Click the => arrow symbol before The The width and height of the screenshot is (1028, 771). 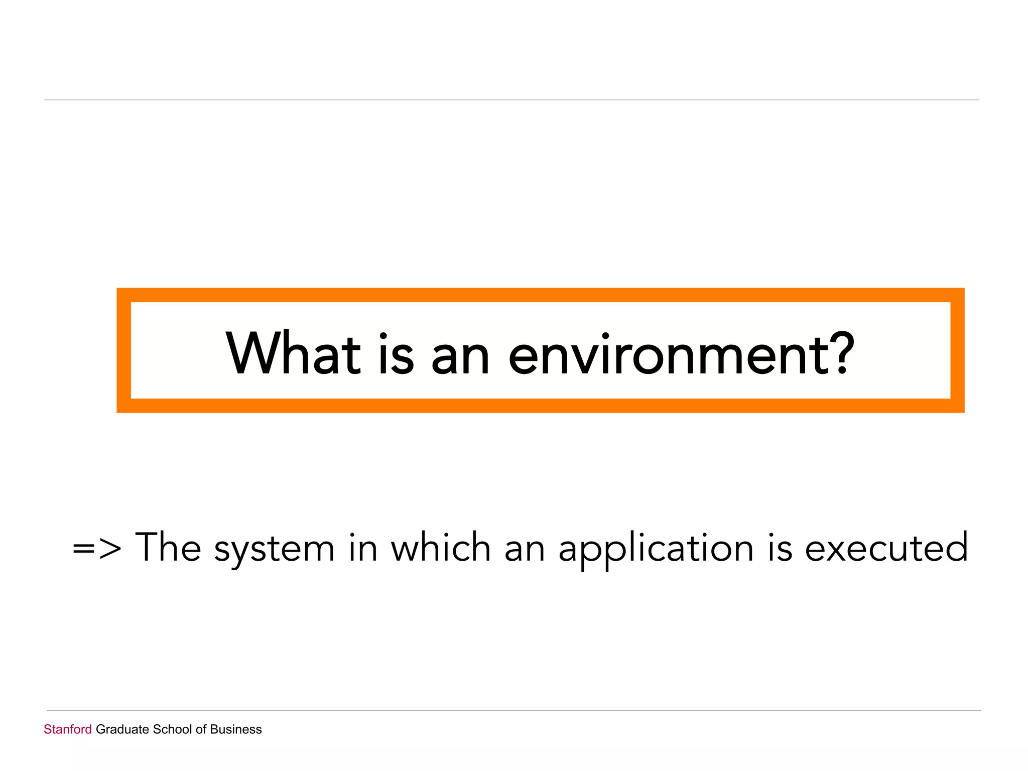pos(97,548)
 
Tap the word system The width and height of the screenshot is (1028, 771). pos(274,550)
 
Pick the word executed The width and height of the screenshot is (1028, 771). pos(886,548)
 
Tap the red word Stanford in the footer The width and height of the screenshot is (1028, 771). pos(68,729)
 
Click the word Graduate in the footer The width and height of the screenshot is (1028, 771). pos(122,729)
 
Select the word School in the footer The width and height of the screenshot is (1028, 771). pos(172,729)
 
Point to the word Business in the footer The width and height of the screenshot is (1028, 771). pos(236,729)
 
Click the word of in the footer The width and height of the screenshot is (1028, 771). pos(201,729)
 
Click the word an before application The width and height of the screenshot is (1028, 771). pos(525,550)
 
